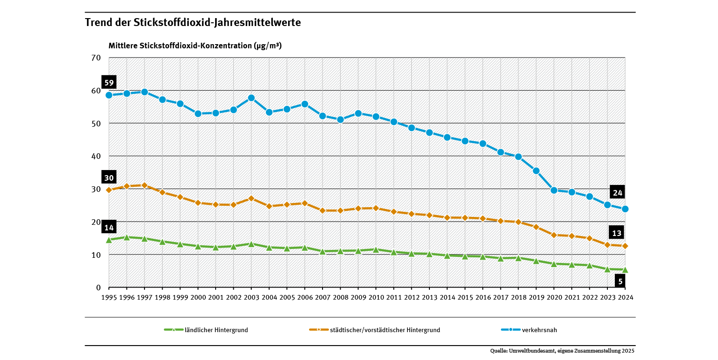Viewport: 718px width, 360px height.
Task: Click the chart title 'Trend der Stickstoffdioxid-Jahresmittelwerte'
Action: (x=193, y=22)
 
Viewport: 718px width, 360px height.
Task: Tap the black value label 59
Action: (x=109, y=83)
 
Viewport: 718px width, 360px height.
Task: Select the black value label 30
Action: (x=109, y=178)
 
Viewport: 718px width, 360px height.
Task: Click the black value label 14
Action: (x=109, y=228)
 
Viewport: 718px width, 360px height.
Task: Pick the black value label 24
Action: (x=618, y=193)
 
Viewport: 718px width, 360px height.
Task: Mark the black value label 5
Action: (x=620, y=281)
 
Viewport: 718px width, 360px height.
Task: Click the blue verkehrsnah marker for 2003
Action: (x=251, y=98)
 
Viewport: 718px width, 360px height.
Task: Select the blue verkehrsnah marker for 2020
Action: (x=554, y=190)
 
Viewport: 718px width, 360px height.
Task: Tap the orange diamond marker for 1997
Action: (x=145, y=185)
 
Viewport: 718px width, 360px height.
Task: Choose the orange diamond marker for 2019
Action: (x=536, y=227)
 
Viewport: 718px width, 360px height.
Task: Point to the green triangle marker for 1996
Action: (x=126, y=237)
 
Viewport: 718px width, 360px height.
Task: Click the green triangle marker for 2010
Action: (x=376, y=249)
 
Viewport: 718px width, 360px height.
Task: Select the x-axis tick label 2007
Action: (x=323, y=297)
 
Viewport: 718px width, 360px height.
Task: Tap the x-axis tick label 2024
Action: (x=625, y=297)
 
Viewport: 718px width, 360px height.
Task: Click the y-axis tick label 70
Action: (x=96, y=58)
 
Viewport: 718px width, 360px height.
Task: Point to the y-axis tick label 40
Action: (x=96, y=157)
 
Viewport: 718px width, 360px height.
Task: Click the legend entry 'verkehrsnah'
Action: (x=539, y=330)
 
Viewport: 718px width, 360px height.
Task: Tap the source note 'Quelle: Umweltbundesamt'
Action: (x=562, y=351)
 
